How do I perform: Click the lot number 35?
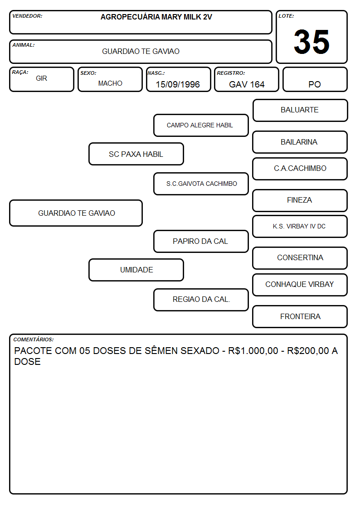point(311,42)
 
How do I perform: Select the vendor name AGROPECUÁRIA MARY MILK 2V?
point(156,17)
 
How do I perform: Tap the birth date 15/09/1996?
point(178,84)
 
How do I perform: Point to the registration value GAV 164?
point(247,84)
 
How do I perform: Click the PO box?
point(315,79)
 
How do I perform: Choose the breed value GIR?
point(41,78)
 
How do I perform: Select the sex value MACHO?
point(110,83)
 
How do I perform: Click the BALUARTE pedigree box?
point(300,111)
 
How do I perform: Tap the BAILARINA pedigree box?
point(300,142)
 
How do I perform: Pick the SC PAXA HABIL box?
point(136,154)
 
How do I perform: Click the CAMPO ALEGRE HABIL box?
point(201,125)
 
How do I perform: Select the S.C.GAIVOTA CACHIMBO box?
point(201,184)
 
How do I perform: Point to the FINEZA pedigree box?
point(300,201)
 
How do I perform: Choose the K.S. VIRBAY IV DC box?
point(300,227)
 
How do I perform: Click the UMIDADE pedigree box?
point(136,270)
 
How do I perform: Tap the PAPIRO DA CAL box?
point(201,242)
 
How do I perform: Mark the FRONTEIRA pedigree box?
point(300,316)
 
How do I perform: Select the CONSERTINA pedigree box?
point(300,258)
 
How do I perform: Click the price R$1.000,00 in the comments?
point(253,351)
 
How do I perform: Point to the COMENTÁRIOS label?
point(34,339)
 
